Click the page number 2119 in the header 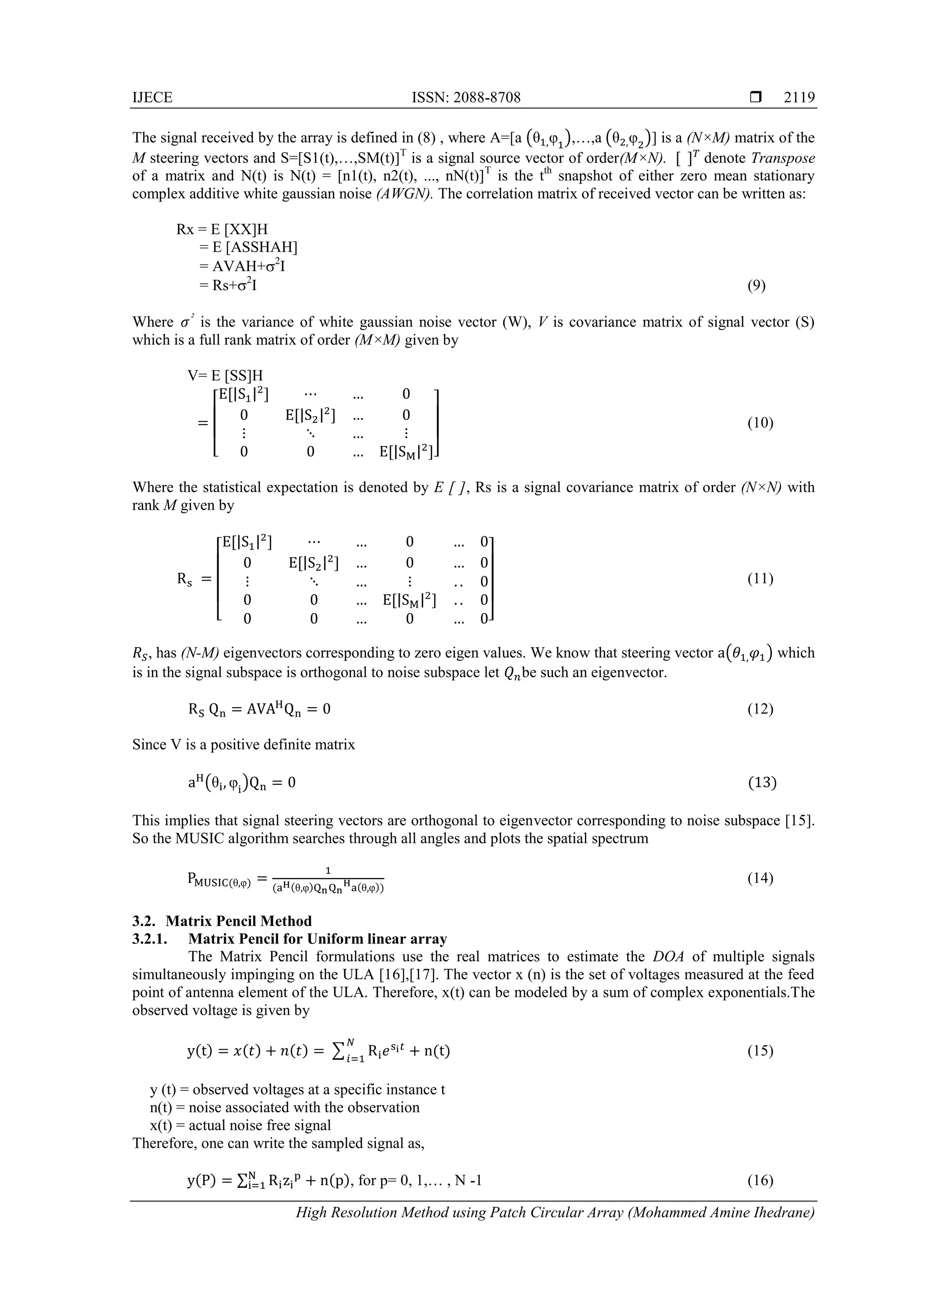[799, 98]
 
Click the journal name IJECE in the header [152, 98]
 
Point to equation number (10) [760, 422]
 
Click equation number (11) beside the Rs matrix [760, 579]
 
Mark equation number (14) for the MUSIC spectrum [760, 877]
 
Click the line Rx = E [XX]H [222, 229]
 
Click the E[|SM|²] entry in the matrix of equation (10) [408, 452]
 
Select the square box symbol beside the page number [756, 98]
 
